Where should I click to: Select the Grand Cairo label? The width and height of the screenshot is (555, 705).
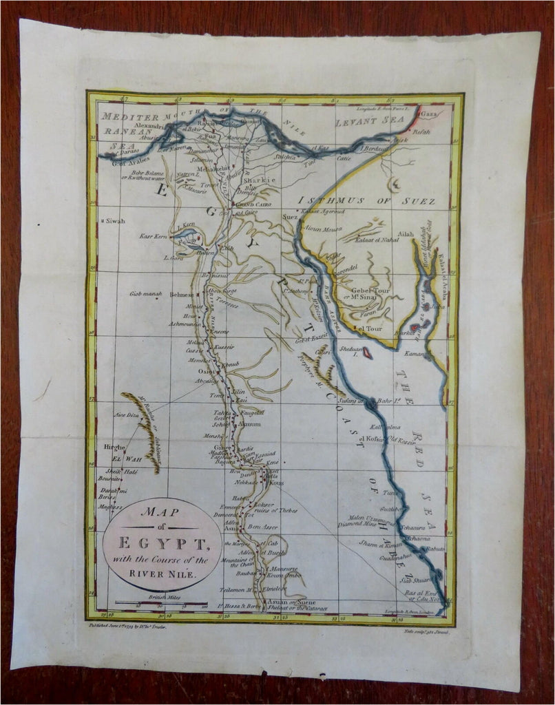255,204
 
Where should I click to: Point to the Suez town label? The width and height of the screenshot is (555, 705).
289,217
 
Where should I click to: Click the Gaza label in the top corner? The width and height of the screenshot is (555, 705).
429,113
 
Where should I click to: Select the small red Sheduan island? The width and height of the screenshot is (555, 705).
368,352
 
